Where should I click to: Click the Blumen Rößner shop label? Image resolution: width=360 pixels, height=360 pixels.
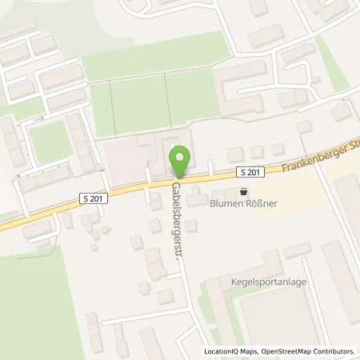tap(243, 204)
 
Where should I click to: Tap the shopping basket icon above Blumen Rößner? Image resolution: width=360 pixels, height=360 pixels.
tap(243, 191)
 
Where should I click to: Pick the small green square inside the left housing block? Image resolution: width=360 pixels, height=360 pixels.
tap(50, 142)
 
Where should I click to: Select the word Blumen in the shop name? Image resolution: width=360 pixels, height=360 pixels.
tap(226, 204)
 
